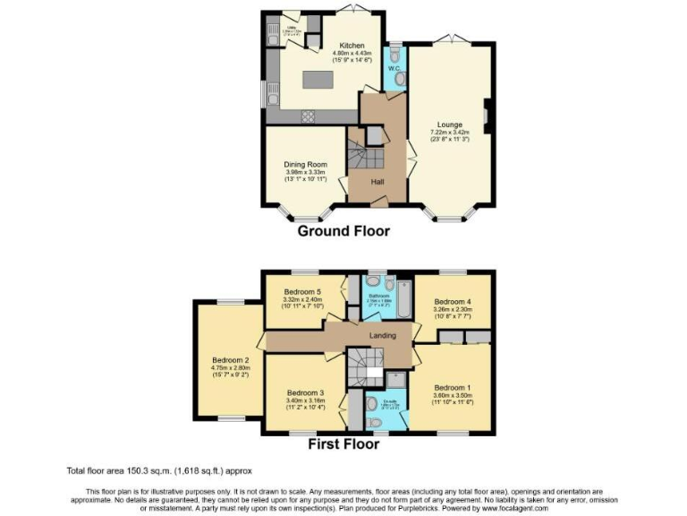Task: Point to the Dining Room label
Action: click(x=305, y=165)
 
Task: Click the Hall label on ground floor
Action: click(x=378, y=182)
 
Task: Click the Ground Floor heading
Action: click(x=344, y=230)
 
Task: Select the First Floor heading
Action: click(x=344, y=444)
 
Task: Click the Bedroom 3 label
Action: click(x=305, y=392)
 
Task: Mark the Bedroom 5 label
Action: click(x=302, y=291)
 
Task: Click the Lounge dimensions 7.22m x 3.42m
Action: click(x=450, y=135)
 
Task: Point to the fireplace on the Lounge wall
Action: click(x=487, y=116)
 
